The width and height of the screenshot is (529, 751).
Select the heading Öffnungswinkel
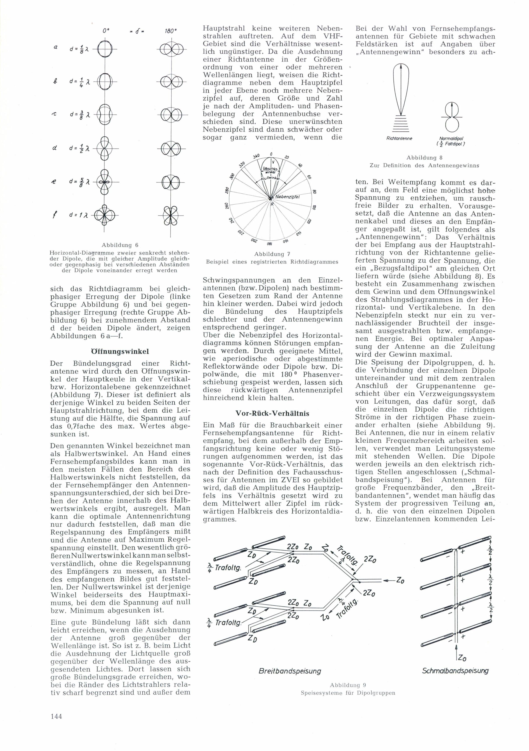(x=120, y=351)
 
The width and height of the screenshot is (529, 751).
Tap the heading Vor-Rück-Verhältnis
(x=272, y=413)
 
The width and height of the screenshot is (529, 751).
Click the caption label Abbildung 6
(x=120, y=245)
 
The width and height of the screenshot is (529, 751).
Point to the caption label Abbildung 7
(x=272, y=254)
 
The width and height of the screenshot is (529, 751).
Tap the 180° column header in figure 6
(x=171, y=31)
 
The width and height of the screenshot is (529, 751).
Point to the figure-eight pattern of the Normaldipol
(x=452, y=117)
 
